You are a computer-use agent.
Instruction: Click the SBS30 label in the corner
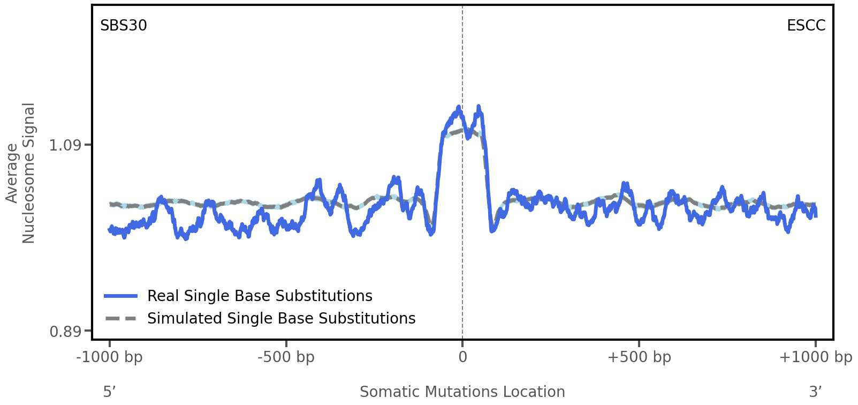(x=123, y=26)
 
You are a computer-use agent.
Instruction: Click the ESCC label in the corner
(x=806, y=26)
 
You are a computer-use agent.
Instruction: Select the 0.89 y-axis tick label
(x=65, y=332)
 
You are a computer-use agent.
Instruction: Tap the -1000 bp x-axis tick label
(x=110, y=357)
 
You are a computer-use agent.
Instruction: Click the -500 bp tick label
(x=286, y=357)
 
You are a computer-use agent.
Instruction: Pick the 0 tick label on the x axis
(x=462, y=357)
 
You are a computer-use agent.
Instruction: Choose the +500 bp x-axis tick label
(x=639, y=357)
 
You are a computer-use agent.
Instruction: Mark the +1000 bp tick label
(x=815, y=357)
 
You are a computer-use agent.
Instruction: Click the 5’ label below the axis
(x=109, y=392)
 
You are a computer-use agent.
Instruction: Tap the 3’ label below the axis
(x=815, y=392)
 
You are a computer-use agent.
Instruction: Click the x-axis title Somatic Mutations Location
(x=462, y=392)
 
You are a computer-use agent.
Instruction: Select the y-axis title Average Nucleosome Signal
(x=20, y=173)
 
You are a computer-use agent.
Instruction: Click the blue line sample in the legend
(x=121, y=296)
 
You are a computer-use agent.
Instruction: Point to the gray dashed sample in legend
(x=121, y=319)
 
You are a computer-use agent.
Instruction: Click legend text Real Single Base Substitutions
(x=260, y=296)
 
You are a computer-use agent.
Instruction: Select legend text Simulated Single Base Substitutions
(x=281, y=319)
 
